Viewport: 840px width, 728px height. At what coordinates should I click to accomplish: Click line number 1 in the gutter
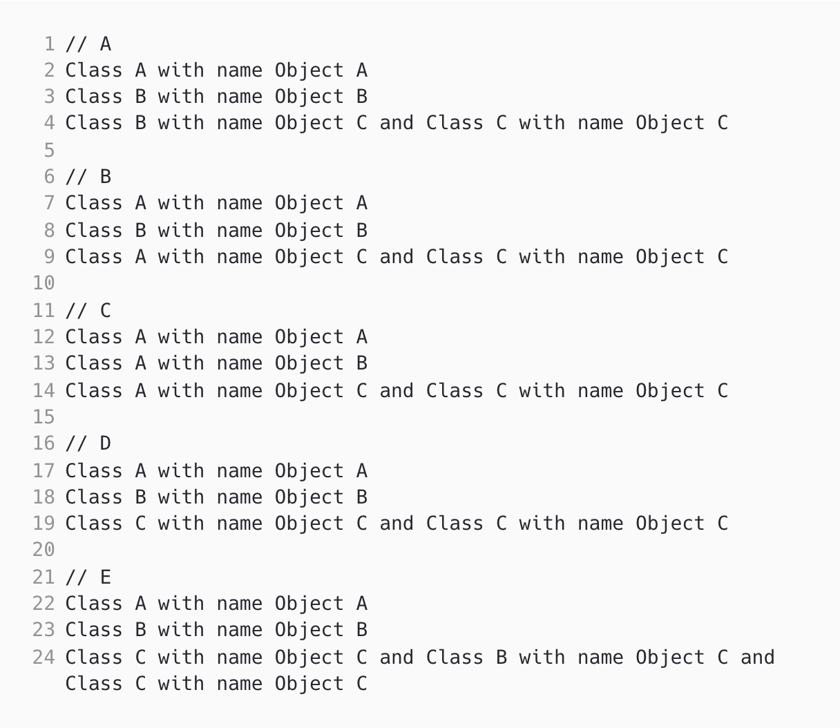[49, 44]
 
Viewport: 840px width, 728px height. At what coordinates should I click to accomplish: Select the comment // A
[88, 44]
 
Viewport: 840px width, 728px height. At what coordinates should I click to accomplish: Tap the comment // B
[88, 177]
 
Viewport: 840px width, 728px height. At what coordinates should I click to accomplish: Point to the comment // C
[88, 311]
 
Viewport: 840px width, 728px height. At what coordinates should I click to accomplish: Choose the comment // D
[88, 443]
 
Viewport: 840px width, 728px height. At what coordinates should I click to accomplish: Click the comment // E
[88, 577]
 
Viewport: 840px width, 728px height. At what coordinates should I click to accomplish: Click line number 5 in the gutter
[49, 150]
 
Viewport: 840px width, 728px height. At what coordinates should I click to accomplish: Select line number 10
[44, 283]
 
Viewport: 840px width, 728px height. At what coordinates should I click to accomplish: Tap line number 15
[44, 417]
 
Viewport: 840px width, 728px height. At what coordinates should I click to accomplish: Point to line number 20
[44, 550]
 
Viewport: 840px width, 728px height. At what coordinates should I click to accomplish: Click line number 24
[44, 657]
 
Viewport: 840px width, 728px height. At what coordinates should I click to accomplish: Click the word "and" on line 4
[397, 123]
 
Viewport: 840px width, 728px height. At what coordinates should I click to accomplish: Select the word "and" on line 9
[397, 257]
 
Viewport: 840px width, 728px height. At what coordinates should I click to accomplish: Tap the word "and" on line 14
[397, 391]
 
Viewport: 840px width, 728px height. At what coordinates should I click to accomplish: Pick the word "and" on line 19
[397, 524]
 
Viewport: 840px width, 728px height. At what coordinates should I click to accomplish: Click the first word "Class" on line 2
[94, 70]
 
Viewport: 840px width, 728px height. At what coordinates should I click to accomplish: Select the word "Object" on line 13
[309, 363]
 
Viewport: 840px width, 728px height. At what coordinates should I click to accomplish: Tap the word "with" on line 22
[181, 604]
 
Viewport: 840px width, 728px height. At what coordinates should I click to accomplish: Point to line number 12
[44, 337]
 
